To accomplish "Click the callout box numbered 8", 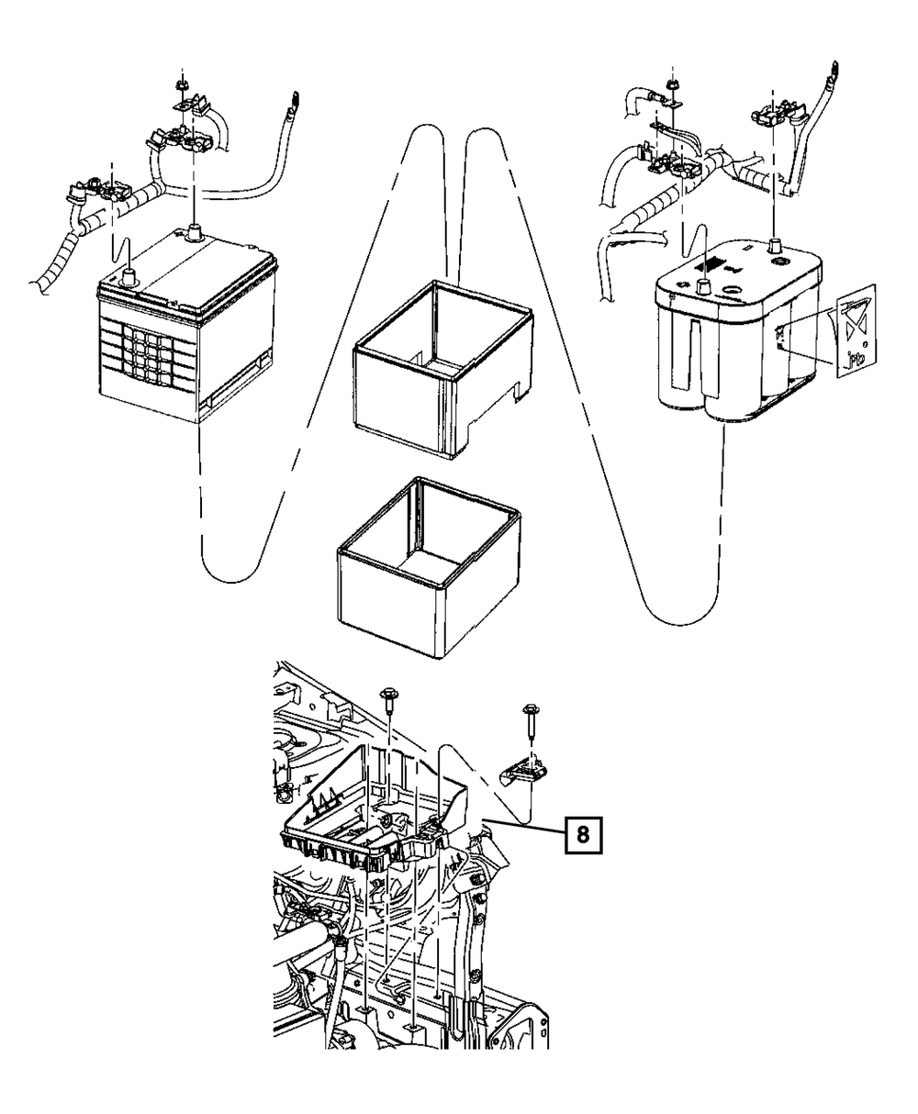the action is click(583, 835).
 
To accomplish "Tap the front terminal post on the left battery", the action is click(129, 279).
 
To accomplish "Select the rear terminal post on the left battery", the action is click(194, 232).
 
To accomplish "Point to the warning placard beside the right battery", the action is click(855, 332).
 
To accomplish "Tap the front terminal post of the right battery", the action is click(704, 284).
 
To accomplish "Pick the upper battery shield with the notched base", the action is click(443, 369).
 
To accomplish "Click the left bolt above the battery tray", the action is click(389, 702).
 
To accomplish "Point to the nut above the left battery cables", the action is click(182, 84).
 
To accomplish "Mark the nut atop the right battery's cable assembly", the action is click(673, 84).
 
